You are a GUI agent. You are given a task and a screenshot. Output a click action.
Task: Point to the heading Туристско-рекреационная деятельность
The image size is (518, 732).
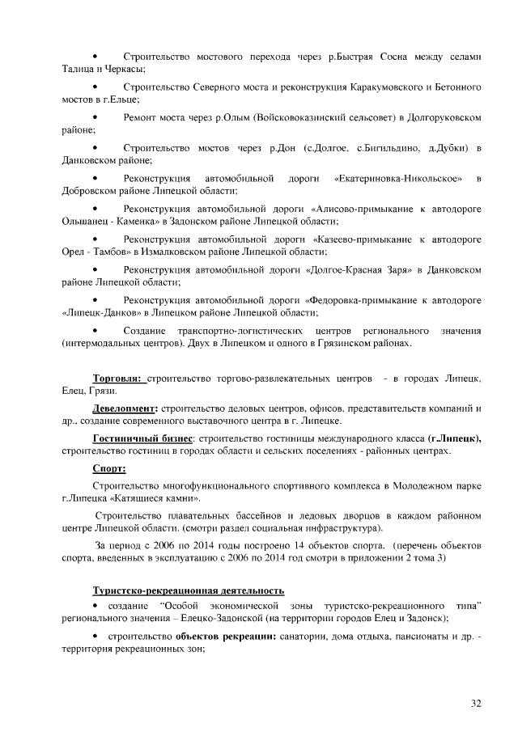point(188,590)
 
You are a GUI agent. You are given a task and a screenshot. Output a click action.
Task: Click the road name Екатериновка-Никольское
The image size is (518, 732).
point(397,178)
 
